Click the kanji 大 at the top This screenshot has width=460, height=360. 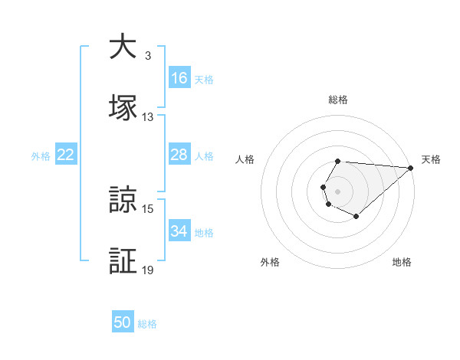click(x=123, y=47)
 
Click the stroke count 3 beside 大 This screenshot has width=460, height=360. click(x=147, y=56)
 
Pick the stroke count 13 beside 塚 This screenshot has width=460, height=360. click(x=148, y=117)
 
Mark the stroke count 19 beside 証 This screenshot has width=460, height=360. click(x=148, y=270)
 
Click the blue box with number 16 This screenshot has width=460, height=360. click(x=179, y=78)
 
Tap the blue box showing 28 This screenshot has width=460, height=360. click(x=179, y=155)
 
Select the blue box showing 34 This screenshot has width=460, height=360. click(x=179, y=231)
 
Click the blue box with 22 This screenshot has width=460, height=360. click(x=66, y=155)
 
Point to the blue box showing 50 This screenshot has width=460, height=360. click(x=123, y=322)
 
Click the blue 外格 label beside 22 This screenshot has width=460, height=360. click(x=41, y=156)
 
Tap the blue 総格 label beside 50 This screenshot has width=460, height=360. click(x=147, y=324)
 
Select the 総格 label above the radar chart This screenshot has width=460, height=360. click(x=337, y=100)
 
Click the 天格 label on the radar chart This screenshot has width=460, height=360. click(x=431, y=159)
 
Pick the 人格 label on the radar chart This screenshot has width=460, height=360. click(x=245, y=159)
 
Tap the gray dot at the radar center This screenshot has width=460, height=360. click(x=337, y=190)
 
